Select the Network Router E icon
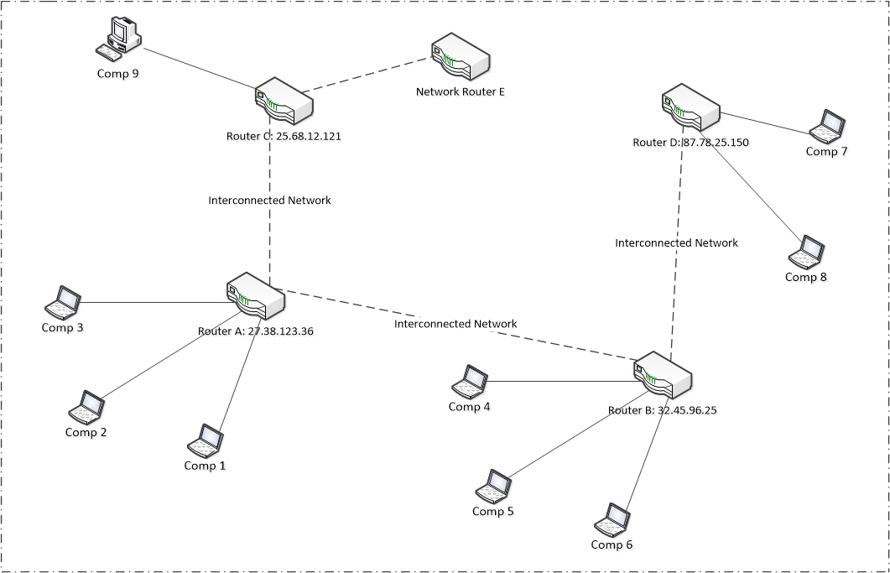pyautogui.click(x=460, y=58)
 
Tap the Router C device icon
pyautogui.click(x=284, y=102)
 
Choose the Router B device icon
pyautogui.click(x=663, y=376)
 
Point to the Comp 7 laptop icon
pyautogui.click(x=827, y=126)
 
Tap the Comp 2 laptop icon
pyautogui.click(x=86, y=407)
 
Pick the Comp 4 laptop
pyautogui.click(x=470, y=382)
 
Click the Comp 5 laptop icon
pyautogui.click(x=493, y=486)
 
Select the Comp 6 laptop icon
pyautogui.click(x=612, y=520)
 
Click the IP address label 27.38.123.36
pyautogui.click(x=280, y=331)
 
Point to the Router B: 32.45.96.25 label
pyautogui.click(x=662, y=411)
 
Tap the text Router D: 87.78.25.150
pyautogui.click(x=690, y=143)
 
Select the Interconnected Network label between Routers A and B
pyautogui.click(x=455, y=324)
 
